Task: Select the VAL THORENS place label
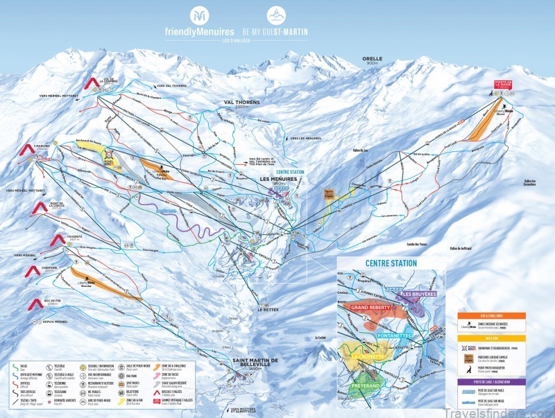pos(241,102)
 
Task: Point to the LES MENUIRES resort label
pos(279,178)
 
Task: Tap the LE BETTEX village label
pos(268,310)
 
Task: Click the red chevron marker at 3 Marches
pos(26,148)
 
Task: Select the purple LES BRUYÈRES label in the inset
pos(420,294)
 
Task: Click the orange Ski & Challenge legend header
pos(490,315)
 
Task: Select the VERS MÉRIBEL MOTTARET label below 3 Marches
pos(26,190)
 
